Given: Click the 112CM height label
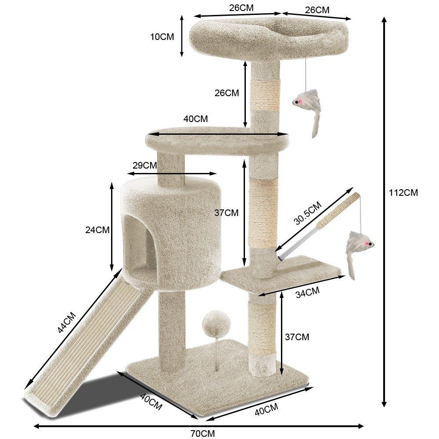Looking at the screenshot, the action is (x=403, y=193).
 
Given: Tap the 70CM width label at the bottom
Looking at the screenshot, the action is (x=203, y=433).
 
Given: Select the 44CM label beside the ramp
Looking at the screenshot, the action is (x=67, y=322).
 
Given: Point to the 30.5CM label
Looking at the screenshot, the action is (x=307, y=213).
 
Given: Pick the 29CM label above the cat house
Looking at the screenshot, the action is (x=145, y=165).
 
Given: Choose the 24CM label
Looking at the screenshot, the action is (x=97, y=230).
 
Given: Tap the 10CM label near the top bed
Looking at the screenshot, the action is (x=162, y=37).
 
